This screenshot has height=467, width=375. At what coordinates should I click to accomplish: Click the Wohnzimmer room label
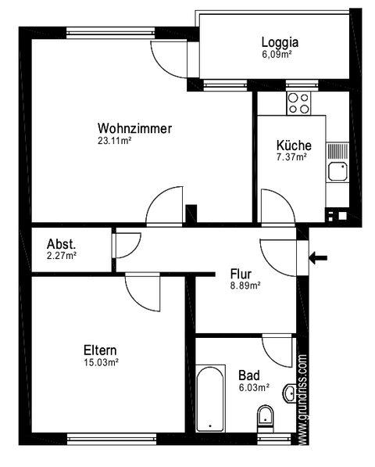[x=134, y=128]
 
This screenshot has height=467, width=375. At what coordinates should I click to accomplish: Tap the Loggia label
[x=280, y=43]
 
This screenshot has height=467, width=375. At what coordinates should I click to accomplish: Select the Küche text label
[x=294, y=145]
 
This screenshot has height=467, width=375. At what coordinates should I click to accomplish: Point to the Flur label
[x=240, y=274]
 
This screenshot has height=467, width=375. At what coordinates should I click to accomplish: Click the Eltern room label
[x=101, y=350]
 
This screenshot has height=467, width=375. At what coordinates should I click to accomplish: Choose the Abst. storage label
[x=61, y=242]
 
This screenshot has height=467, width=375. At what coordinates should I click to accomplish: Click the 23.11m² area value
[x=113, y=141]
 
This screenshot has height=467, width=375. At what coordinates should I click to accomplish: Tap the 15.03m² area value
[x=101, y=362]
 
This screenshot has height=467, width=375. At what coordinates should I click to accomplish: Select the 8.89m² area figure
[x=245, y=286]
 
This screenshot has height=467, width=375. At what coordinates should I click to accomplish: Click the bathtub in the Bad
[x=209, y=399]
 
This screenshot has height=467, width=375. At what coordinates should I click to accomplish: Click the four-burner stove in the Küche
[x=298, y=102]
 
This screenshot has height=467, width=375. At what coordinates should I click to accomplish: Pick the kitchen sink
[x=337, y=171]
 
